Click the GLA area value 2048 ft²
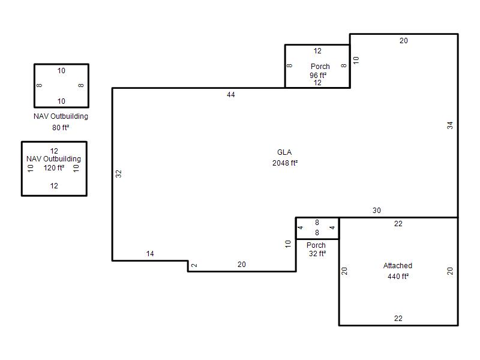(x=285, y=163)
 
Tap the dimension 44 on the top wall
(x=231, y=95)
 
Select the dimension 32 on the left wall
(x=118, y=174)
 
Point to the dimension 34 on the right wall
(x=449, y=125)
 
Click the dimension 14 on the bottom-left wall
(x=150, y=253)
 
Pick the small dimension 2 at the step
(x=194, y=265)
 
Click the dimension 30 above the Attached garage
(x=377, y=211)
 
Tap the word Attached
(x=398, y=265)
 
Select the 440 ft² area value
(x=398, y=276)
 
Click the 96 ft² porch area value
(x=318, y=75)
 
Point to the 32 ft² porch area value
(x=317, y=253)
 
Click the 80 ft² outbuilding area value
(x=61, y=127)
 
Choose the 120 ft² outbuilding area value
(x=54, y=168)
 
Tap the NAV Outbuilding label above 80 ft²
(x=61, y=116)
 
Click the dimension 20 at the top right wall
(x=403, y=40)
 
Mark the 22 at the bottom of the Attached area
(x=398, y=319)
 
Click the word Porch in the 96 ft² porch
(x=320, y=67)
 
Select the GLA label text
(x=284, y=152)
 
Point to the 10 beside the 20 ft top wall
(x=356, y=60)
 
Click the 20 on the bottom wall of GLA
(x=242, y=264)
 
